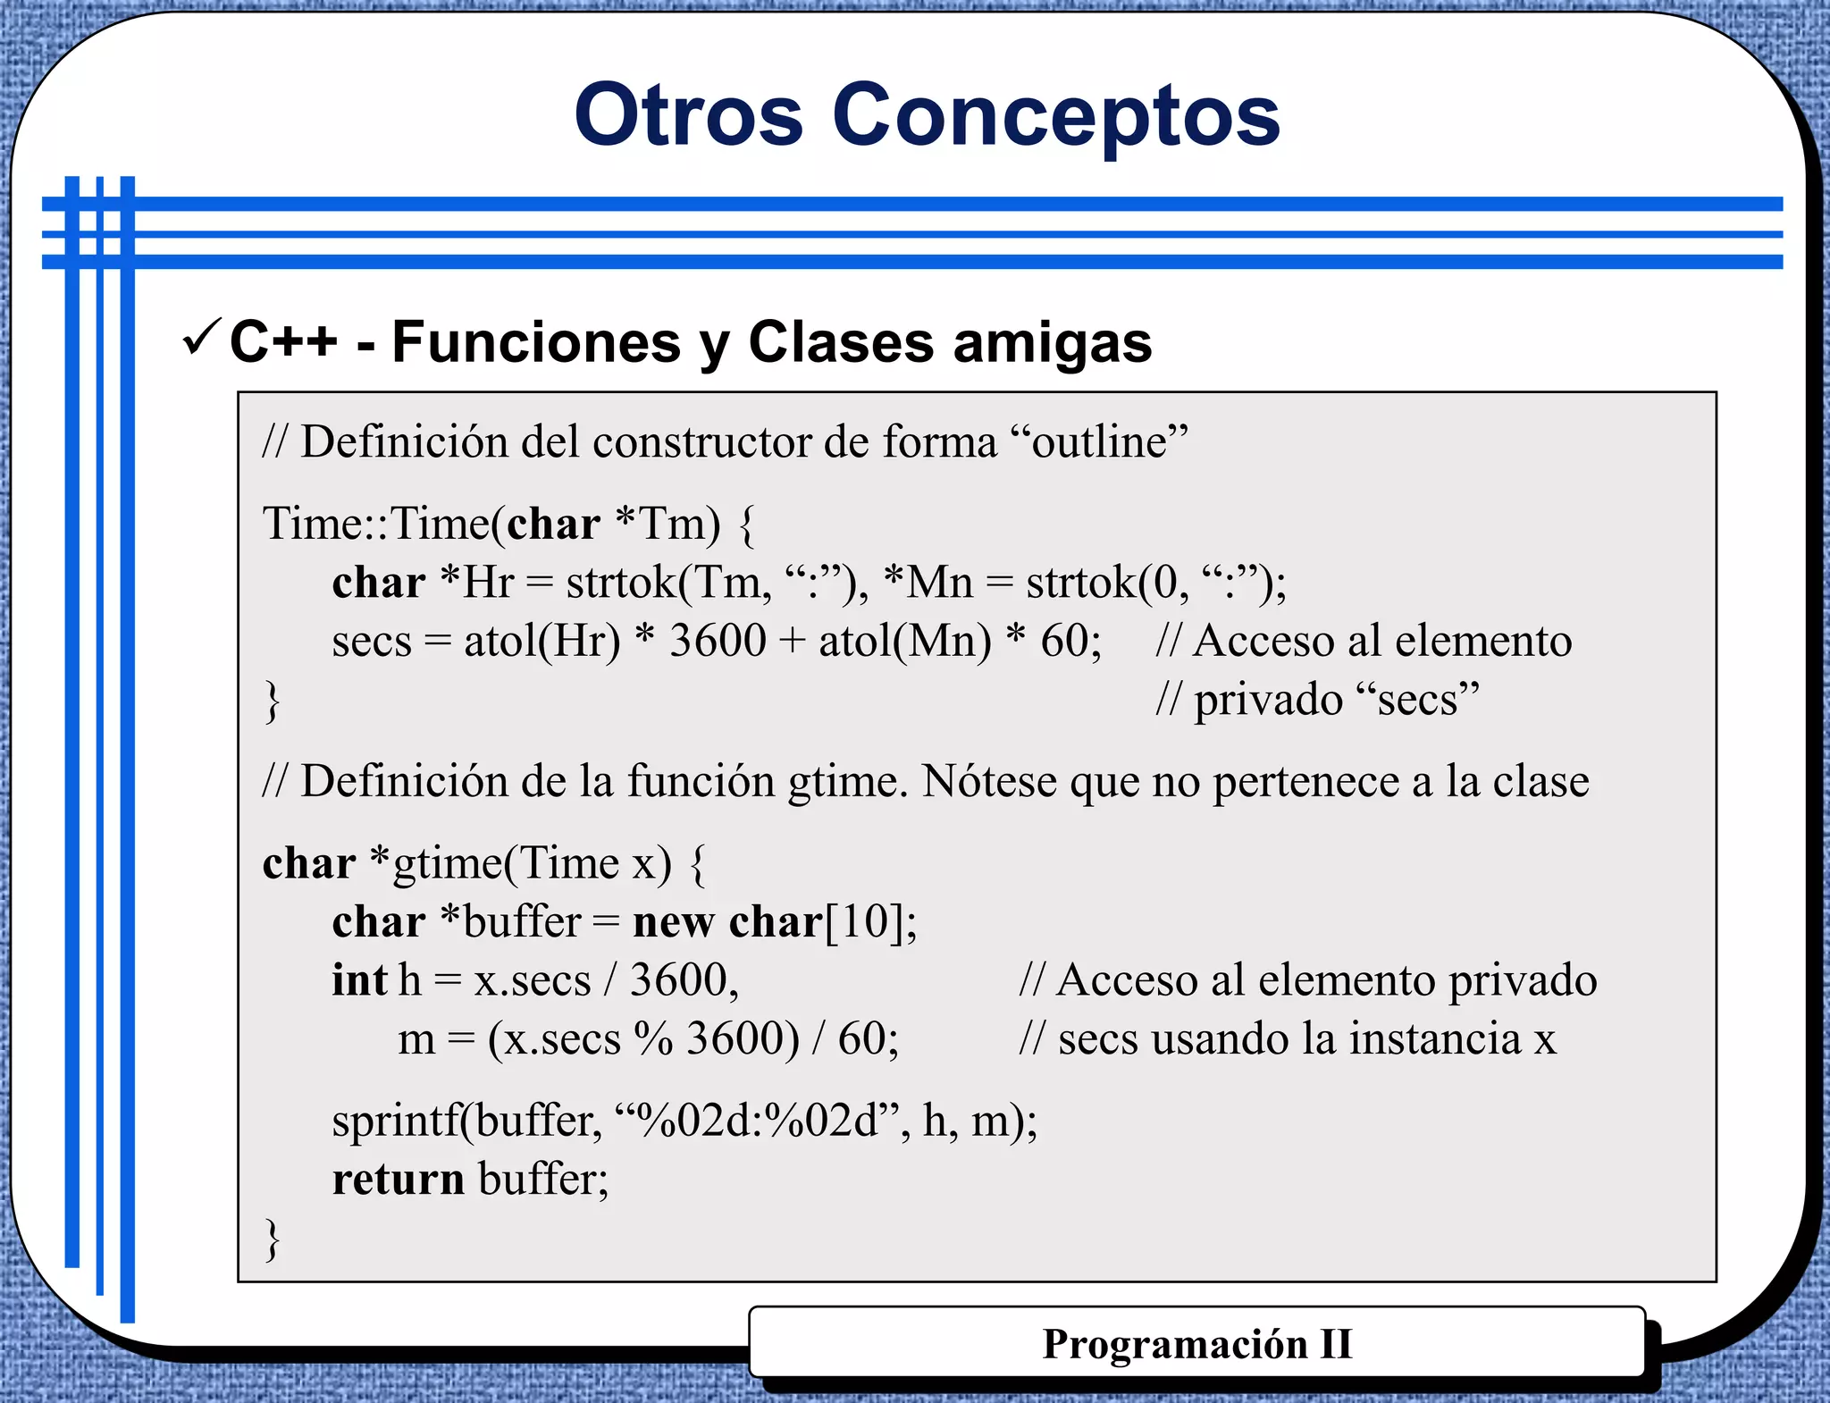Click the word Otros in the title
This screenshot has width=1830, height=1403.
tap(688, 115)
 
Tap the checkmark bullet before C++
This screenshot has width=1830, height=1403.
tap(201, 337)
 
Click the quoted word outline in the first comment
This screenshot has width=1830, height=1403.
tap(1099, 441)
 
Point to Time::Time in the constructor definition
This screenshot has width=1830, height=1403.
tap(376, 524)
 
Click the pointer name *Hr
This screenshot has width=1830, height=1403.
tap(477, 583)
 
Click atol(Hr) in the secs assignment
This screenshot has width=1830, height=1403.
tap(541, 642)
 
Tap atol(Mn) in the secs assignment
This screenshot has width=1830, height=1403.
tap(904, 642)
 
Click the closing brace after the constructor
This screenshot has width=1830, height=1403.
tap(272, 701)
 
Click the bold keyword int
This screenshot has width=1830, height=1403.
tap(359, 980)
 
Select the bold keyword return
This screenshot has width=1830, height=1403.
tap(398, 1180)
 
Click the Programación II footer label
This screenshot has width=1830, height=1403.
tap(1196, 1344)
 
